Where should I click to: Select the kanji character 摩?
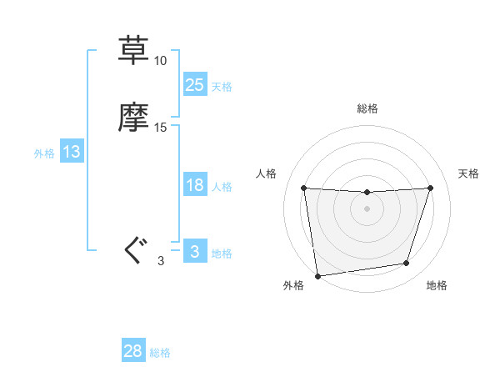point(133,118)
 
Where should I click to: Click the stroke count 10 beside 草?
point(160,61)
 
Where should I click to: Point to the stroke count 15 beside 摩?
point(160,128)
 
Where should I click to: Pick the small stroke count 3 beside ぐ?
point(160,261)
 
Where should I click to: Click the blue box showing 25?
point(194,84)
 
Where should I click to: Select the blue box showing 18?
point(194,185)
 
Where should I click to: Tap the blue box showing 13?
point(72,152)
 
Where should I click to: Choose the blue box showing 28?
point(133,351)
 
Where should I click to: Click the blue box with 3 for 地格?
point(194,251)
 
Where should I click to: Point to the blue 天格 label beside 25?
point(222,86)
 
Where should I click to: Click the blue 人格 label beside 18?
point(222,187)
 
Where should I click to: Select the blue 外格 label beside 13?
point(44,153)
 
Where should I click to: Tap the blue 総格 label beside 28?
point(160,353)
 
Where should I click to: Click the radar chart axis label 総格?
point(367,108)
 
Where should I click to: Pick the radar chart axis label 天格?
point(468,173)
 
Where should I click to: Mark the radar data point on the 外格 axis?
point(317,275)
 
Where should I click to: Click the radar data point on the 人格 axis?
point(303,188)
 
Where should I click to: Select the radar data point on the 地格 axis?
point(407,264)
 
